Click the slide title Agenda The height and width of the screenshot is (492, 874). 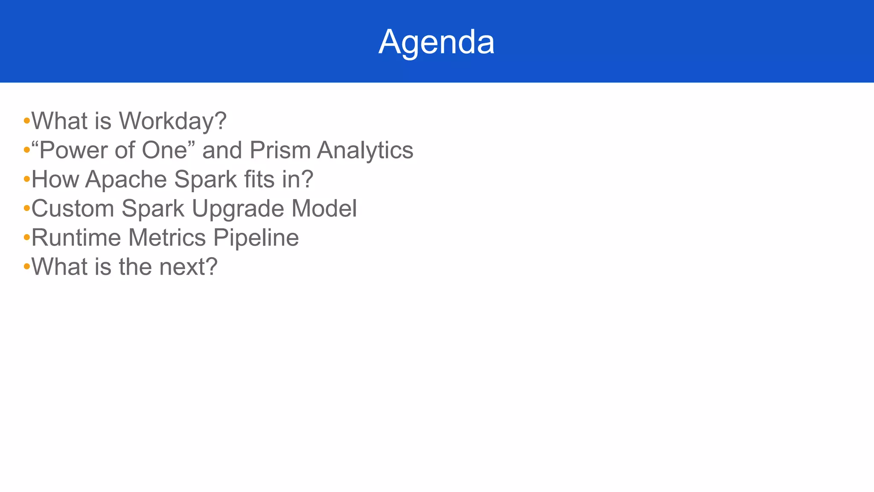pos(436,42)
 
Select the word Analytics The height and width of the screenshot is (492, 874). pos(365,150)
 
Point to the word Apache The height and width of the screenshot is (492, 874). pos(126,179)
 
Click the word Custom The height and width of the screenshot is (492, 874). pos(73,208)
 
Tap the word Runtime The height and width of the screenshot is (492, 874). pos(76,237)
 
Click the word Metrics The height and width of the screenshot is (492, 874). pos(167,237)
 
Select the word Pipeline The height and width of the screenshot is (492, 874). pos(256,237)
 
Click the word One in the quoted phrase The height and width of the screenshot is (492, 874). pos(165,150)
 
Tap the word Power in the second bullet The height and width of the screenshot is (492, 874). pos(73,150)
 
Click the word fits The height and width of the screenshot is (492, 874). pos(259,179)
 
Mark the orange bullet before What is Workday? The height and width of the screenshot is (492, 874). pos(26,121)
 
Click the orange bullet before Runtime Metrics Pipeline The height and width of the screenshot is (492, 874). pos(26,238)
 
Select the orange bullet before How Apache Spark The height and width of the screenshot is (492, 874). pos(26,179)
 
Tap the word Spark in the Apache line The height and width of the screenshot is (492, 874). pos(206,179)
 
